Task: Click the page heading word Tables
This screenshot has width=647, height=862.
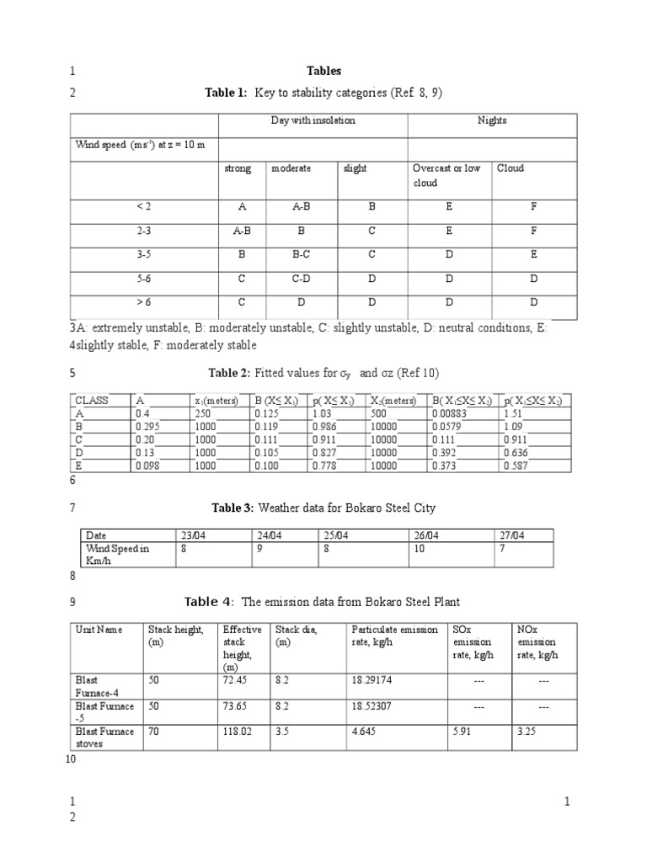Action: (323, 72)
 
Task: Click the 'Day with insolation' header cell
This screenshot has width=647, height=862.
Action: (313, 120)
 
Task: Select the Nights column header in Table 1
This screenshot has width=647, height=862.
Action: (492, 120)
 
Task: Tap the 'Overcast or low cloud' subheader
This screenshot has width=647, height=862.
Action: (446, 175)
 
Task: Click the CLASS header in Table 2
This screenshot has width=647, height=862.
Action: (93, 401)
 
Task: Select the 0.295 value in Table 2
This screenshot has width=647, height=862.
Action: (147, 426)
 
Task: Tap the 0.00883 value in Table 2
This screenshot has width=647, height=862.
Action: (448, 413)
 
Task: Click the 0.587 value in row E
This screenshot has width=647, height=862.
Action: (516, 465)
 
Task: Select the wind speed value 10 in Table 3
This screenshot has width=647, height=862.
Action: (420, 548)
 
